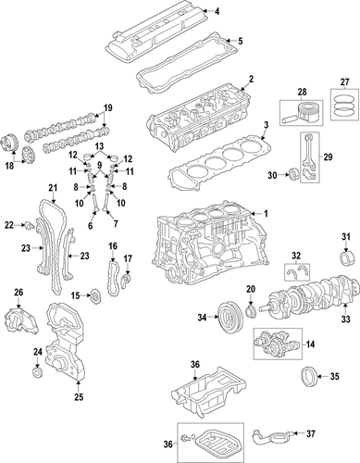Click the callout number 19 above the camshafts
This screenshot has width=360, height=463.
[106, 106]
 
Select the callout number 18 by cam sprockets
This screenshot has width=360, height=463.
[11, 167]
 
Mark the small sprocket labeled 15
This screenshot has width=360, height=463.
[93, 297]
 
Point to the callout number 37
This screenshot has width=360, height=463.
[337, 432]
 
